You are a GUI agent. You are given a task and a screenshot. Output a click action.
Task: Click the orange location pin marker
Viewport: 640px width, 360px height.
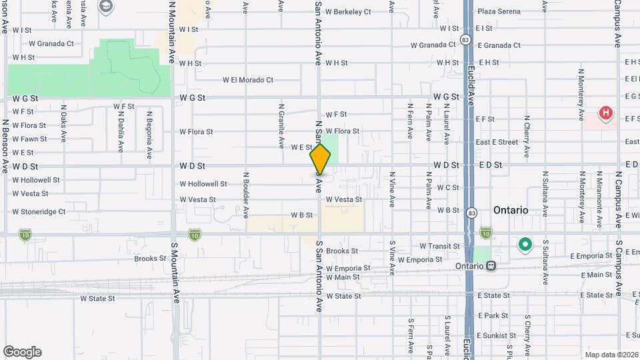[320, 159]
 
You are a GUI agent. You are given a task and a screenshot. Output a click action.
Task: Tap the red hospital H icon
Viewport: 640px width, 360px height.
[605, 113]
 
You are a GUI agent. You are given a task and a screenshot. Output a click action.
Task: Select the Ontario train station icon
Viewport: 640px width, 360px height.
[491, 265]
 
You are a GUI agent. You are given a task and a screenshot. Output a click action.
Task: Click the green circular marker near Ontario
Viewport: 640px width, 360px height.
[525, 245]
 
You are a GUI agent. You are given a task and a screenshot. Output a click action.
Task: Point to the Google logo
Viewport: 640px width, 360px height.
[22, 351]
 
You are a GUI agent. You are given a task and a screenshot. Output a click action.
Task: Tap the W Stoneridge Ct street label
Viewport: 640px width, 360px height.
[39, 212]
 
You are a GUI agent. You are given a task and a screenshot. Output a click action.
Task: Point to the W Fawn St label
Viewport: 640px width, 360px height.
[29, 139]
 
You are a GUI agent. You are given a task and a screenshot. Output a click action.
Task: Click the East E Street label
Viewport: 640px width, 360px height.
[497, 142]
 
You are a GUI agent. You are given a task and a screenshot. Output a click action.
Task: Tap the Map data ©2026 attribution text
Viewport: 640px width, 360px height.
[611, 354]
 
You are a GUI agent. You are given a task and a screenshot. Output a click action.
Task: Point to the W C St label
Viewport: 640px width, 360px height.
[448, 188]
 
